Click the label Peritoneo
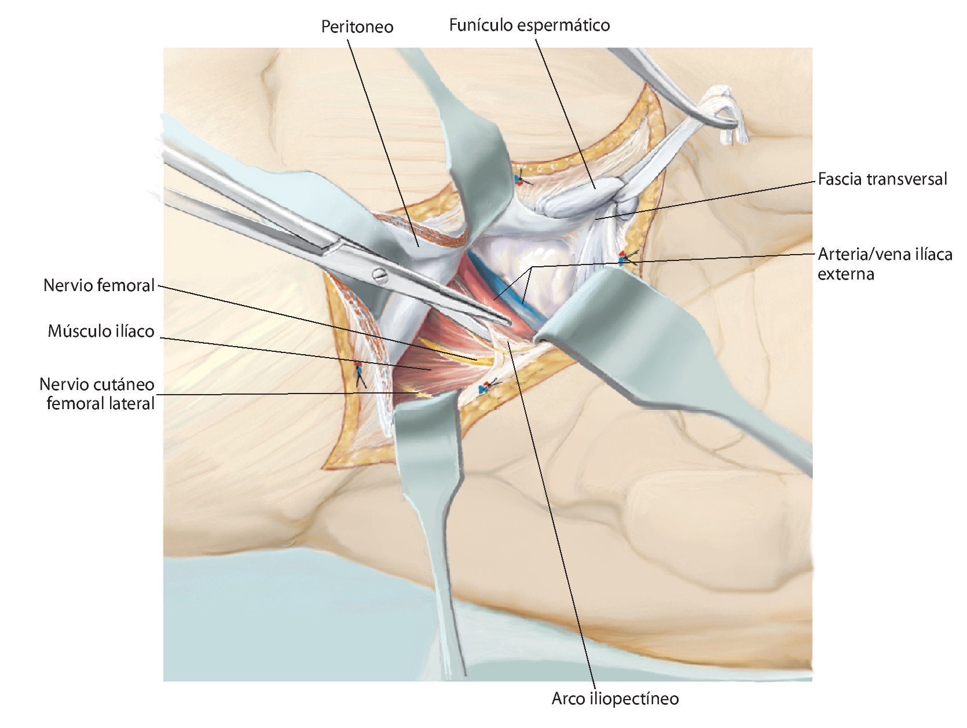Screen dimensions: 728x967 (x=357, y=27)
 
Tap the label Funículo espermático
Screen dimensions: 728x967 (x=529, y=25)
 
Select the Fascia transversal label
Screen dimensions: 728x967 (x=882, y=179)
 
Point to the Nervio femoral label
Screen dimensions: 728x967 (x=99, y=285)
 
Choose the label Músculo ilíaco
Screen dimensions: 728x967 (x=101, y=331)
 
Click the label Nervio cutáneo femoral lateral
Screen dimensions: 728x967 (x=97, y=394)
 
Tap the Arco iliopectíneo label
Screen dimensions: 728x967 (x=615, y=698)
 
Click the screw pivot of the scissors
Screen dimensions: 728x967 (x=379, y=274)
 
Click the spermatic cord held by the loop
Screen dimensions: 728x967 (x=579, y=197)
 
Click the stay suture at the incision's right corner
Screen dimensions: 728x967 (x=624, y=258)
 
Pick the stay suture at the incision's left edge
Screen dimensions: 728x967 (x=359, y=369)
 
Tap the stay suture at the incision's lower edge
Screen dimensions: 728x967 (x=484, y=388)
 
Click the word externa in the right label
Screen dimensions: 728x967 (x=845, y=274)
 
